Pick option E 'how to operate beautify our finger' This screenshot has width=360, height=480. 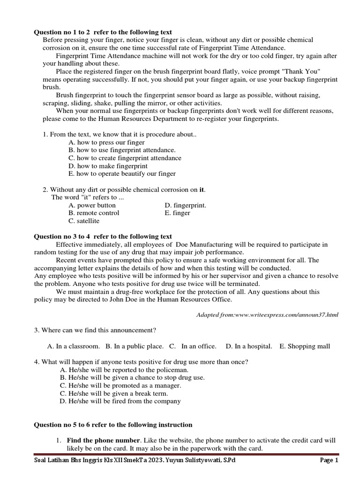[x=122, y=173]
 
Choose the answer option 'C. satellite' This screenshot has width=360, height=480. [x=84, y=221]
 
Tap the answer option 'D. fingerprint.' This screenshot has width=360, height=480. [x=185, y=205]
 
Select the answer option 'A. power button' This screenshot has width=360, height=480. [x=92, y=205]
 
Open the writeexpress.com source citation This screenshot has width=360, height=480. [x=267, y=315]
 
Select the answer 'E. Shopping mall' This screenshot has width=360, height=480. [x=304, y=346]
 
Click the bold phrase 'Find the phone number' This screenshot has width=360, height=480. [x=103, y=441]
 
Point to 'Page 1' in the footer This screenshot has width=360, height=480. [x=329, y=460]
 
